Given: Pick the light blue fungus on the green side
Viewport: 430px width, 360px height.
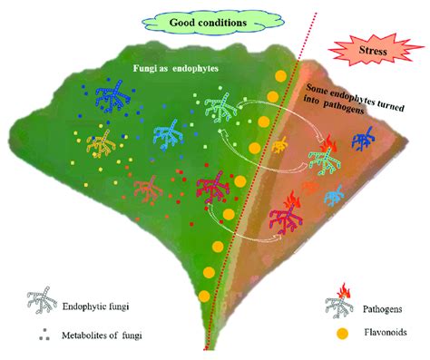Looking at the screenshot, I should pos(169,134).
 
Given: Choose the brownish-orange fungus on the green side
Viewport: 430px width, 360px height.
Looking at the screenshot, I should pos(146,188).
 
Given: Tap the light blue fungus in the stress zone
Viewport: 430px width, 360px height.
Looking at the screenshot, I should pos(334,195).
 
